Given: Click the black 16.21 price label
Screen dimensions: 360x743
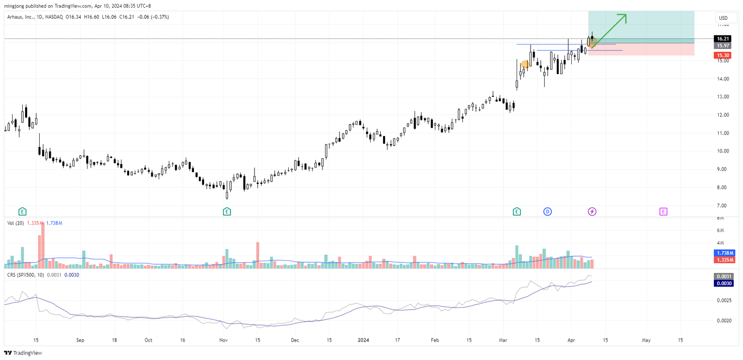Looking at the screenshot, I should (x=723, y=39).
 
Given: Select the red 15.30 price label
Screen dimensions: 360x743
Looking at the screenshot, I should (x=723, y=56).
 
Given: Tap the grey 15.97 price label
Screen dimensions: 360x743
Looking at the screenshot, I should (x=723, y=45).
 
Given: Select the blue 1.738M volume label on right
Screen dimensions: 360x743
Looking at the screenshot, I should (x=724, y=253).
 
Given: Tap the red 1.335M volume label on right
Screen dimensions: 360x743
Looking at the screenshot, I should (x=724, y=260).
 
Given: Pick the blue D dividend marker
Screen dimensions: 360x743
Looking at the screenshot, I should (x=548, y=211).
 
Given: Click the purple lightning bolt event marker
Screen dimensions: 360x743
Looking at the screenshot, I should (x=592, y=211).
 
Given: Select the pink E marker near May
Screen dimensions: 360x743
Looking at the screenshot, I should (x=663, y=211).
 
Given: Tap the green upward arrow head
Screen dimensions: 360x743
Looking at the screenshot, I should (x=624, y=17).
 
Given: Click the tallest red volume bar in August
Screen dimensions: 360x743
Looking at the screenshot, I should (x=43, y=244).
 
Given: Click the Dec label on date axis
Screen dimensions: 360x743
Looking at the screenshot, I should (x=295, y=340).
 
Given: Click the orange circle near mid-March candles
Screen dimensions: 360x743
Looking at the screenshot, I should (x=525, y=64).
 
